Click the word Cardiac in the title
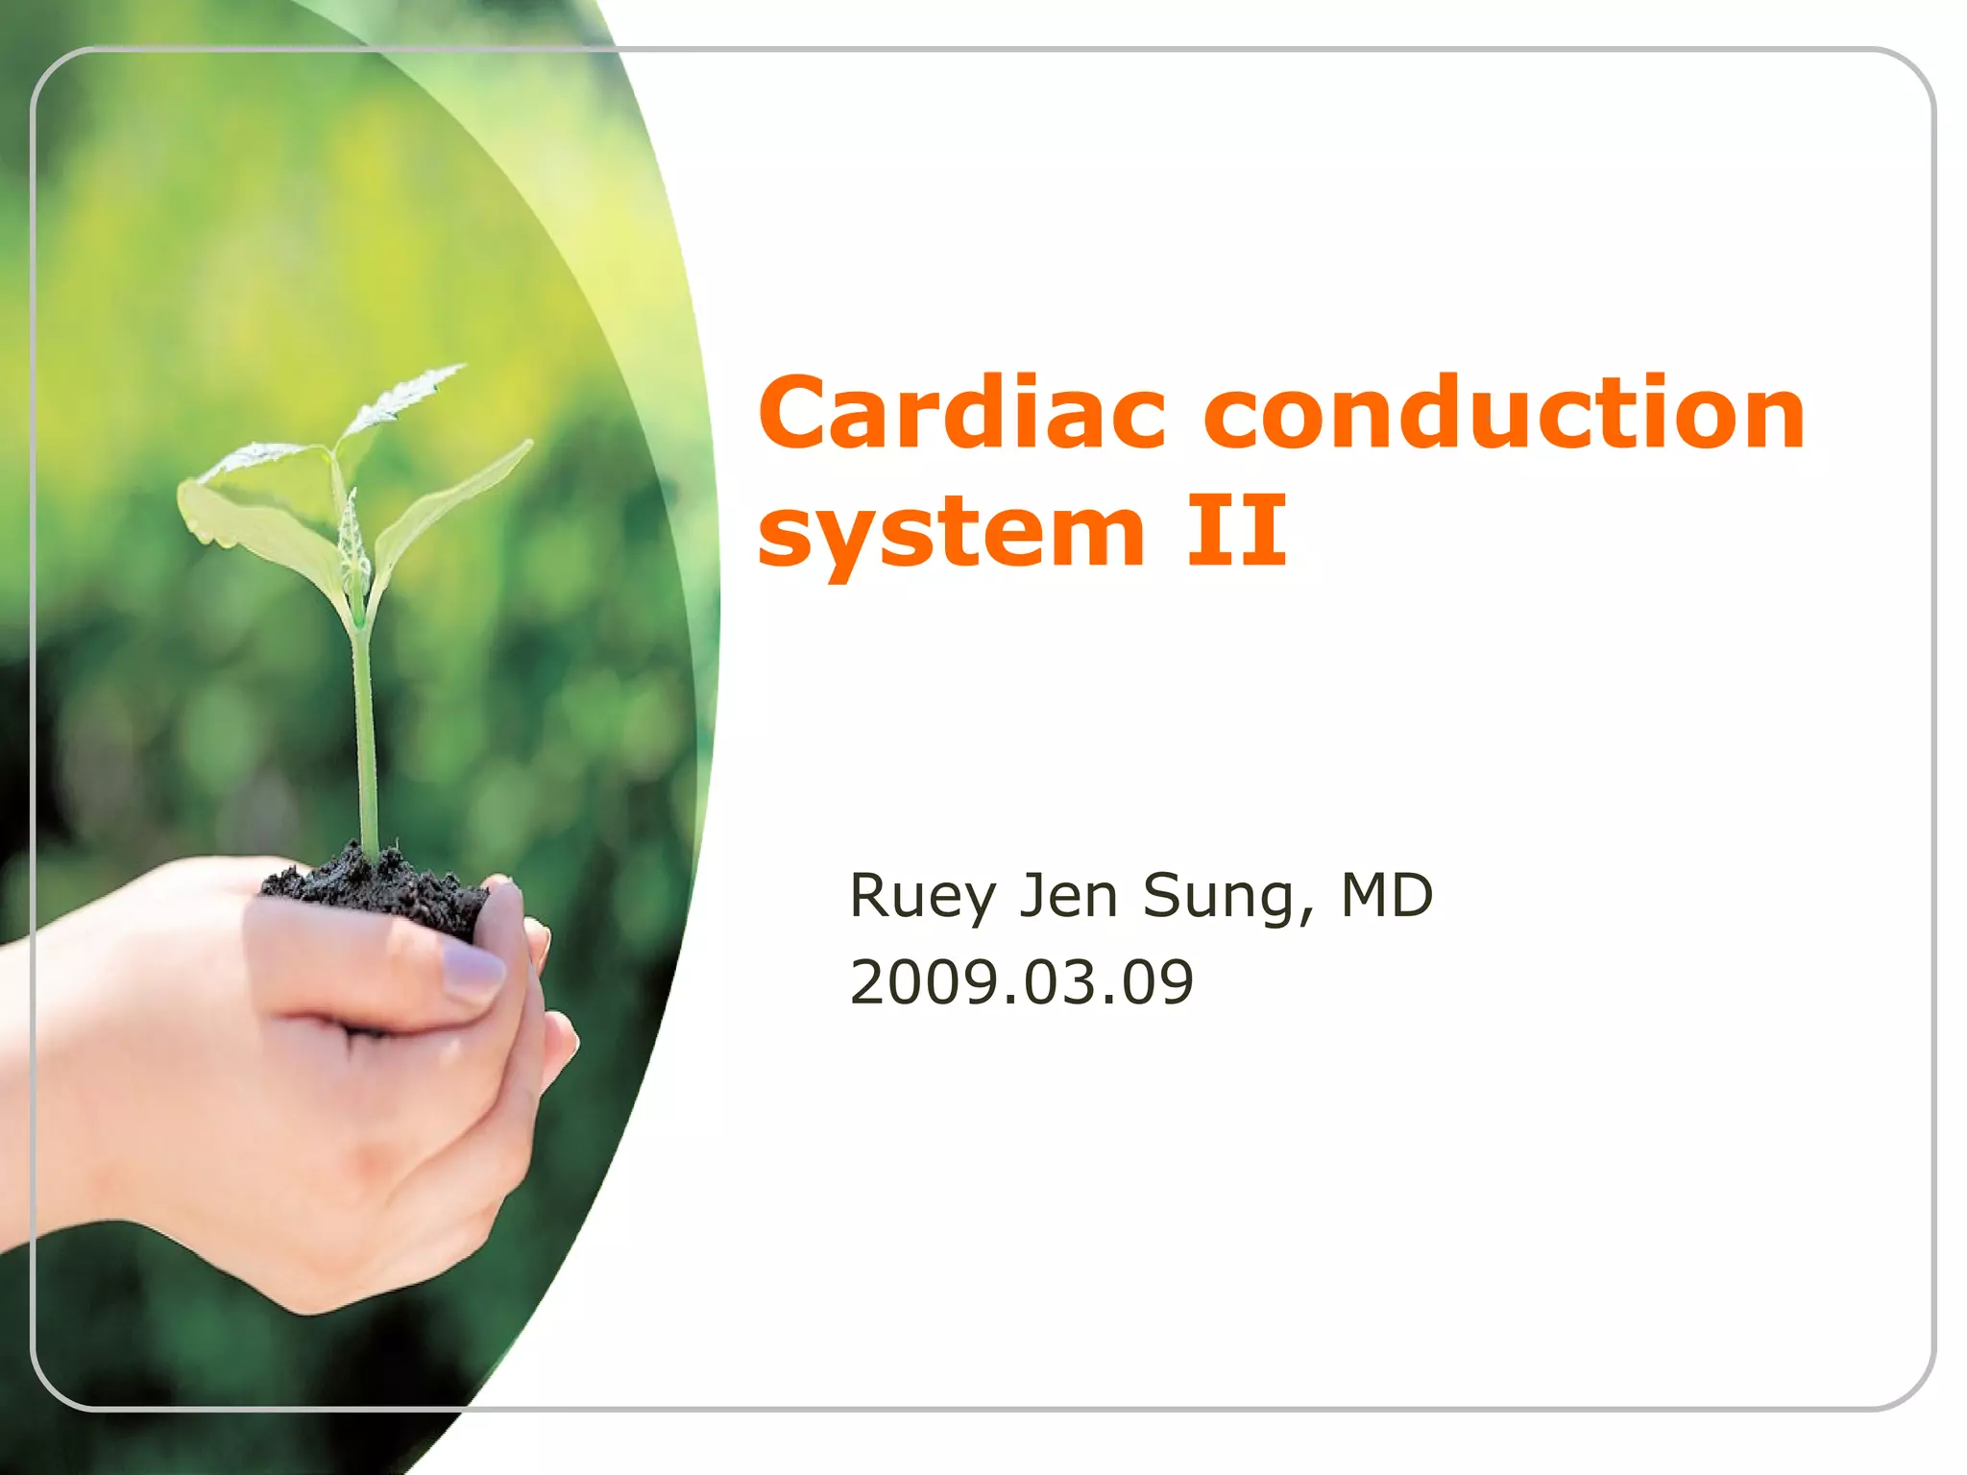click(x=961, y=413)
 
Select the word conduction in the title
click(x=1504, y=413)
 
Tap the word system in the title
click(x=951, y=533)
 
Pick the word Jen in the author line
click(x=1068, y=895)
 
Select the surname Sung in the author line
click(x=1219, y=897)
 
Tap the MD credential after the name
click(x=1386, y=895)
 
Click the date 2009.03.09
click(x=1021, y=981)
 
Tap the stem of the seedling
click(x=366, y=739)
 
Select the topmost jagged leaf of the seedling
click(x=403, y=399)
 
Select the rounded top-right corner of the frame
click(x=1906, y=77)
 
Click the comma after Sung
click(x=1306, y=918)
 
